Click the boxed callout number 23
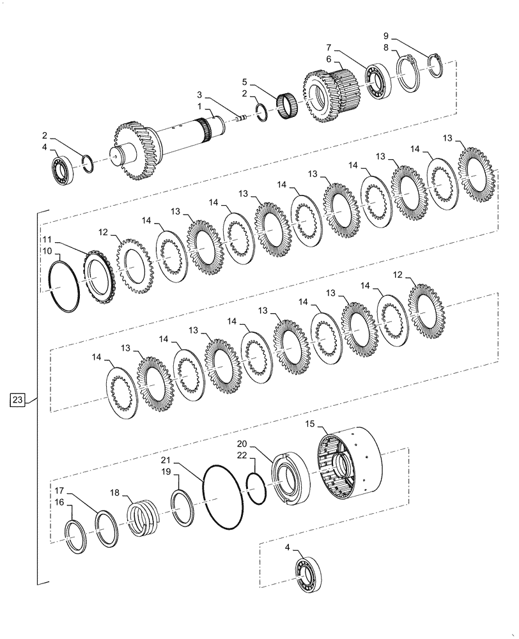(x=19, y=401)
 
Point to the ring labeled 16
(x=77, y=537)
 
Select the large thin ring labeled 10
(x=65, y=283)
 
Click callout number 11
(x=47, y=239)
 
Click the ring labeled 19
(x=183, y=508)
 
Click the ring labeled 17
(x=106, y=529)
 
